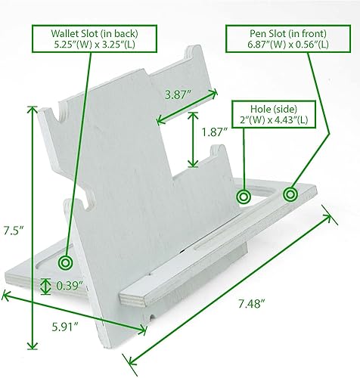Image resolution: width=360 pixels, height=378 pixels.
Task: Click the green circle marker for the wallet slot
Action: tap(65, 262)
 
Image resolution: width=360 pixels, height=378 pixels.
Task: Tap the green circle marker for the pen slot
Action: tap(290, 195)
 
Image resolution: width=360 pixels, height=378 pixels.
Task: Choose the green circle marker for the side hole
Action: tap(244, 197)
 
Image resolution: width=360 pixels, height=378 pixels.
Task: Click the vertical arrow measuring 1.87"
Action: tap(194, 139)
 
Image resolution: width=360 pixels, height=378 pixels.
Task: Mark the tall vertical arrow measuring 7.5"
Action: tap(32, 227)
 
